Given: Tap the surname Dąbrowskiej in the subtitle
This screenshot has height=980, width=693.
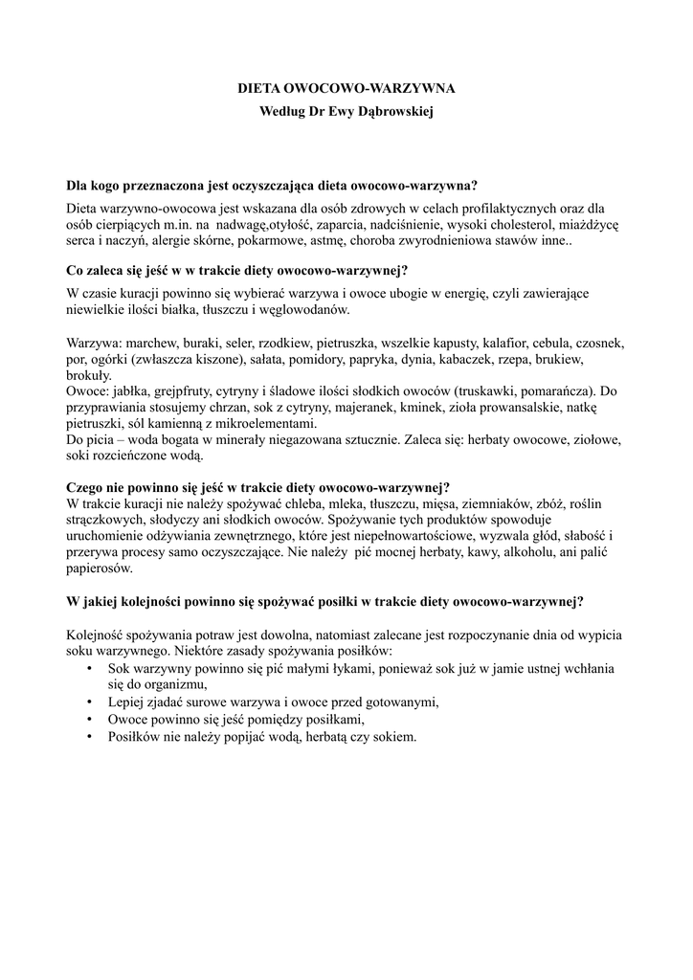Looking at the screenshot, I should [x=396, y=112].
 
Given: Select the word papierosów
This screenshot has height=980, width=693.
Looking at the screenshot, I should [x=101, y=569].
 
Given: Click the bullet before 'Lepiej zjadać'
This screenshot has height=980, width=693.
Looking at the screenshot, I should [x=89, y=702].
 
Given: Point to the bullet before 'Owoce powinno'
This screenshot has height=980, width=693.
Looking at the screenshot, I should [x=89, y=719].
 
